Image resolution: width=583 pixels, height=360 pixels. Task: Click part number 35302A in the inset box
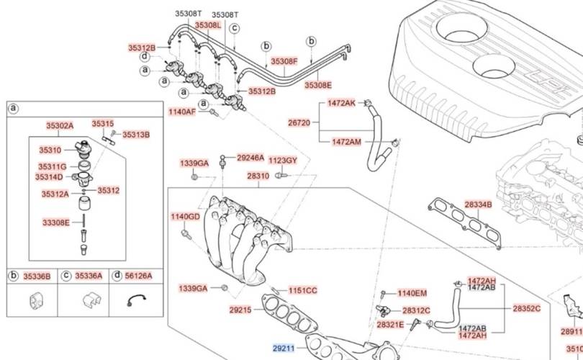[60, 125]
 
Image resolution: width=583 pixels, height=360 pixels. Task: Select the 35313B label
[135, 135]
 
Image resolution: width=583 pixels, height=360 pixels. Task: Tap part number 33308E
[55, 222]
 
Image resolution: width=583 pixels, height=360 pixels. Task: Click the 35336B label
[37, 276]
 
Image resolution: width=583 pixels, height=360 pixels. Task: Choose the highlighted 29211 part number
[284, 348]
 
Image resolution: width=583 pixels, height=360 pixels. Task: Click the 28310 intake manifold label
[258, 176]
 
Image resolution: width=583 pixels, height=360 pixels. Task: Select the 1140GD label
[185, 217]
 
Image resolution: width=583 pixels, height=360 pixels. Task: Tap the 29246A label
[250, 158]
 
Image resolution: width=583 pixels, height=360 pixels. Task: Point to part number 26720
[299, 123]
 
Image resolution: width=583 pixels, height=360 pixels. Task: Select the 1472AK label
[341, 104]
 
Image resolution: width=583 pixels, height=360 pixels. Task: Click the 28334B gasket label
[478, 204]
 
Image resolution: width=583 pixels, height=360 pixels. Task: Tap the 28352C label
[526, 308]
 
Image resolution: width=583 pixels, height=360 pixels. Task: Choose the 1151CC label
[302, 291]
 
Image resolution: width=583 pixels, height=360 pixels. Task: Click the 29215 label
[240, 310]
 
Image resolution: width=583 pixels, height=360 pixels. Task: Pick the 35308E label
[317, 85]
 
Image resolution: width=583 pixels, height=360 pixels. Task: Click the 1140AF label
[181, 112]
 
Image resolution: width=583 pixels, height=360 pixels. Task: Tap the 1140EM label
[412, 293]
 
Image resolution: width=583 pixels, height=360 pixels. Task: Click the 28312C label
[416, 311]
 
